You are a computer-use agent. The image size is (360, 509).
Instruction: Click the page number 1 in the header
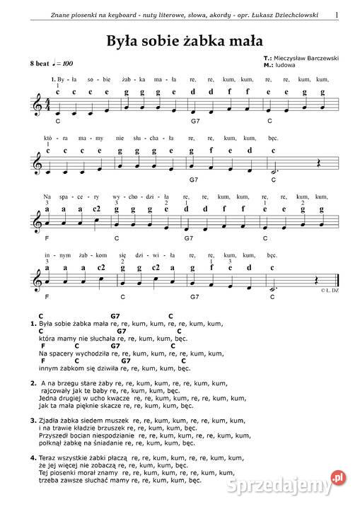(x=337, y=15)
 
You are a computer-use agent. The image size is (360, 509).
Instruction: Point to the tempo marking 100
(x=66, y=64)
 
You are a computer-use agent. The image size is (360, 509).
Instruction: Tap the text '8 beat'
(x=40, y=64)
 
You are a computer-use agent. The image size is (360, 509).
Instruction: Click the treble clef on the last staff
(x=39, y=279)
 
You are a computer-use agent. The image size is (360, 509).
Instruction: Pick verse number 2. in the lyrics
(x=33, y=382)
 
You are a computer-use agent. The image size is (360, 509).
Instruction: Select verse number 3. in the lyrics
(x=33, y=421)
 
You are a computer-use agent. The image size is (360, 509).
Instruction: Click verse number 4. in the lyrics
(x=33, y=459)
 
